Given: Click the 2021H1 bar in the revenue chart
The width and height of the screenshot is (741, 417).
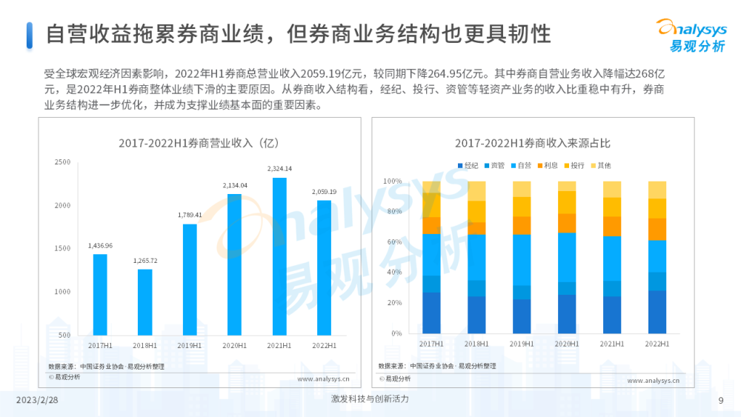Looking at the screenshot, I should (279, 256).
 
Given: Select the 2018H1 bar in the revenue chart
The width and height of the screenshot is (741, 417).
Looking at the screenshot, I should (144, 302).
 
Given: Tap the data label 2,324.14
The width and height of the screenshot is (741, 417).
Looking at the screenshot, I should (279, 169).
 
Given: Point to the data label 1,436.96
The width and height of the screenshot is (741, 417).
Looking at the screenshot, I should (100, 245).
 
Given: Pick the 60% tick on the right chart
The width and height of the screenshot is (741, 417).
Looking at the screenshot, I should (391, 242).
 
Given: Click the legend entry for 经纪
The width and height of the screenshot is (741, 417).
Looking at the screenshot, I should (468, 165).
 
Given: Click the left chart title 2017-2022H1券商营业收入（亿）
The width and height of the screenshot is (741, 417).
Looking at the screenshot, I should (198, 143).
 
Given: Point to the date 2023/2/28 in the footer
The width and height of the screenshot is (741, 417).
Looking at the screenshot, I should (37, 400).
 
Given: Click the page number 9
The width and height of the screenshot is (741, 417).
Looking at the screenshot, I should (721, 400).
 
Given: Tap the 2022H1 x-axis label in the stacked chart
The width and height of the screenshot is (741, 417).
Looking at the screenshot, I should (657, 344).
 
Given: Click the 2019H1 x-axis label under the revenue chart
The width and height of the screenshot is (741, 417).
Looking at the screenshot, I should (190, 345).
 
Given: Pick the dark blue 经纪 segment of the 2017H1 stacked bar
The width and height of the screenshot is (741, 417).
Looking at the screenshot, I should (431, 313).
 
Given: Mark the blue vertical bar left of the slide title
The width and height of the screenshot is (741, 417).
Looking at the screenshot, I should (30, 35).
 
